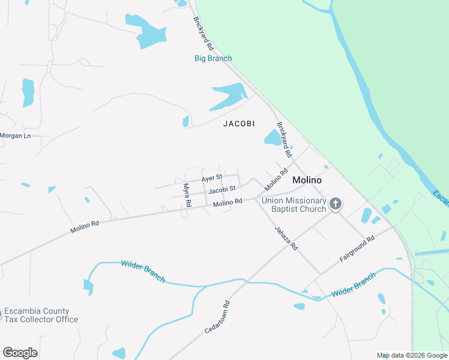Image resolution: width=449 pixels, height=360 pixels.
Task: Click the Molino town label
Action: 307,180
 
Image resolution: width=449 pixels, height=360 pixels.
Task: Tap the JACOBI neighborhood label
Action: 239,124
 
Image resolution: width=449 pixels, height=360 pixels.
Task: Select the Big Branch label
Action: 213,58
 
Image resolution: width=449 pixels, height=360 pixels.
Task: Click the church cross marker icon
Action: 336,204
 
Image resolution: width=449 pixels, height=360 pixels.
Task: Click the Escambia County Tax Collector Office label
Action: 40,315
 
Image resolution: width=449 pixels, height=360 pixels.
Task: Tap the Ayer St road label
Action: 212,178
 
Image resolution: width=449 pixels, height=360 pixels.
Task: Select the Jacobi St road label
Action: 221,190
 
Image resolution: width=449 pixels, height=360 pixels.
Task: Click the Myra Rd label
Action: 187,195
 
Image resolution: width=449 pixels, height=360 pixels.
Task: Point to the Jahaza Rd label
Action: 286,238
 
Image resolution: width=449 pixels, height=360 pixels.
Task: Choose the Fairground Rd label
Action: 357,248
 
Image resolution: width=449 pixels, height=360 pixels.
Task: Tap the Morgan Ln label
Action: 15,136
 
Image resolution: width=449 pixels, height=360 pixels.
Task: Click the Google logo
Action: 20,353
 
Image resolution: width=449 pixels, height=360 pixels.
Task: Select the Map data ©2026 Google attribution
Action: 412,355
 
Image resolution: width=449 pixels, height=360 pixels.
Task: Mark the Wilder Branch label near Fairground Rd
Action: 354,285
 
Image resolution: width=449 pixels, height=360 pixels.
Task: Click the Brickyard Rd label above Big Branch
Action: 203,33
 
